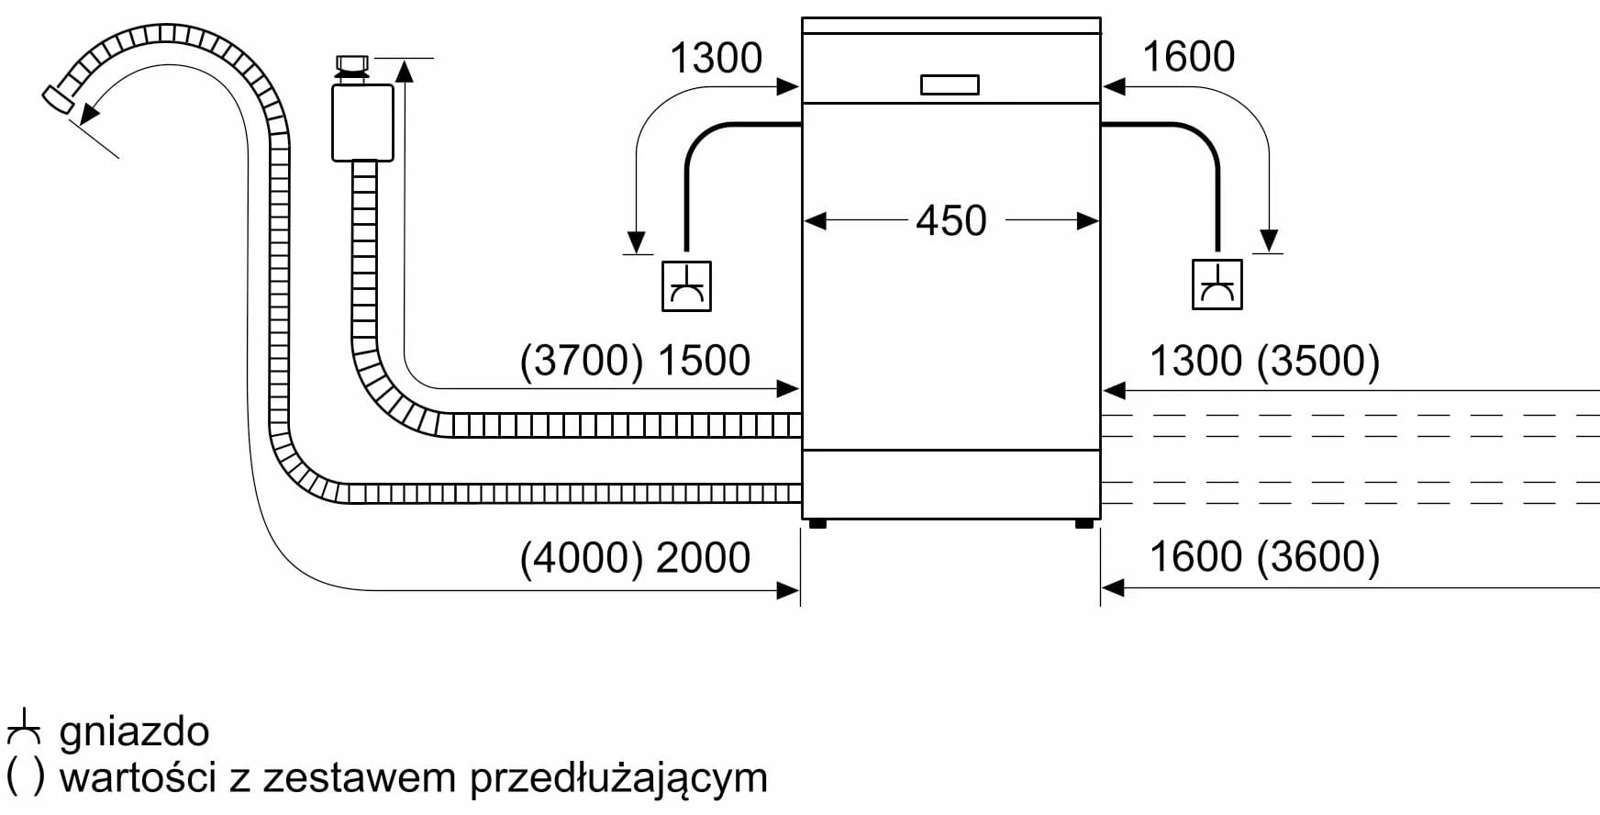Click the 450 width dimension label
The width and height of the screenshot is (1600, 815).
tap(951, 221)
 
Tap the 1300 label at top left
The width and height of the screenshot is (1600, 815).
tap(716, 59)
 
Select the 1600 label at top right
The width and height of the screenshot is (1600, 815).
tap(1188, 57)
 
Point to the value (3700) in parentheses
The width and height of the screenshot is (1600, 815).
tap(582, 361)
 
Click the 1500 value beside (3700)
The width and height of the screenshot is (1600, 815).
tap(704, 361)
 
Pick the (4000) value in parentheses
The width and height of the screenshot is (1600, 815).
tap(582, 558)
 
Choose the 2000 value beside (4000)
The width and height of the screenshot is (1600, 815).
tap(704, 558)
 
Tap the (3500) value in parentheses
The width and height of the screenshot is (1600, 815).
tap(1318, 361)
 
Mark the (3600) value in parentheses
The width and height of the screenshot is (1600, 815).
tap(1318, 557)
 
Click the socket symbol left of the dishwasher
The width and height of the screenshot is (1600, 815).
tap(686, 286)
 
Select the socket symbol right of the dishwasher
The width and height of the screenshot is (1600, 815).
tap(1217, 285)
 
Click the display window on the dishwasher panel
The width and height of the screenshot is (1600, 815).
tap(950, 84)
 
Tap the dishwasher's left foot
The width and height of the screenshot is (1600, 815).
tap(817, 524)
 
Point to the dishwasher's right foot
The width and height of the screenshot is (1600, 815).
tap(1083, 524)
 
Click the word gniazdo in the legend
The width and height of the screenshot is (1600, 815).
tap(134, 732)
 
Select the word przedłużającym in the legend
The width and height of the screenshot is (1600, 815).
tap(618, 778)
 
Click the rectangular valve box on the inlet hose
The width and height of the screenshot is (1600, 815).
tap(362, 122)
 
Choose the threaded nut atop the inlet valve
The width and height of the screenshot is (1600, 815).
tap(352, 64)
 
